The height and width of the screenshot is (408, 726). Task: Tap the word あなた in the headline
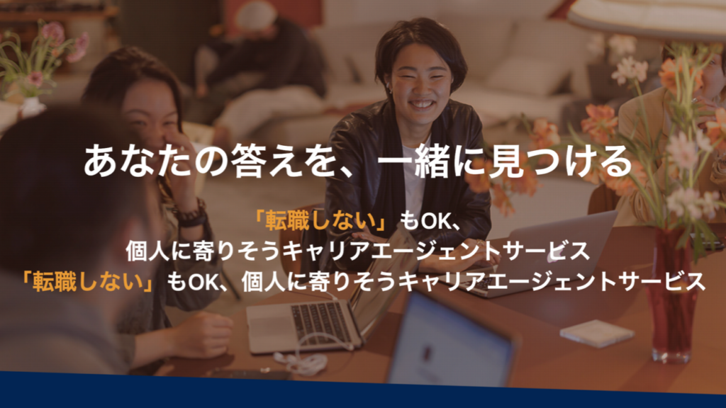click(137, 161)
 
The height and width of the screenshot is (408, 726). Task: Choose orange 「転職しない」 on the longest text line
click(88, 282)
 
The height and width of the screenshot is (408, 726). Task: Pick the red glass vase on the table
click(671, 296)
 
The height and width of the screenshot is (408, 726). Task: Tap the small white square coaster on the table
click(597, 332)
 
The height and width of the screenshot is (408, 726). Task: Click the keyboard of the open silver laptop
click(320, 321)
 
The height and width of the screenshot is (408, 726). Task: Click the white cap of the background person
click(256, 16)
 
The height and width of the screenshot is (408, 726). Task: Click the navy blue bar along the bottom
click(363, 391)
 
